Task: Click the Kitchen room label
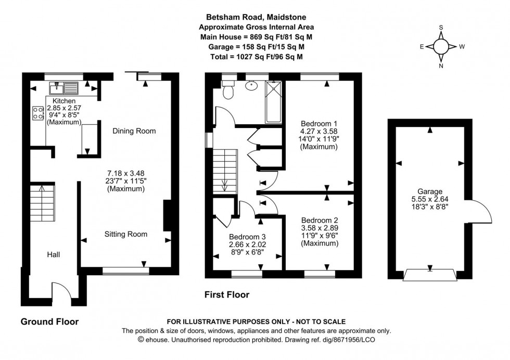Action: click(63, 101)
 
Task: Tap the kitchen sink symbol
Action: click(63, 87)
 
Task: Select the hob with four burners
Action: click(38, 113)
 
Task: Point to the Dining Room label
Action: click(134, 131)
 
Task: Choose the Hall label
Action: click(53, 254)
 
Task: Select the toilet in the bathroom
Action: click(227, 91)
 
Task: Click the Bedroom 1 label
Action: click(318, 123)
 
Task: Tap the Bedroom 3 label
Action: click(247, 235)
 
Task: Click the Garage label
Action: click(429, 191)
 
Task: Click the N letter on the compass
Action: click(441, 66)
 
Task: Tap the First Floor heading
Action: click(226, 295)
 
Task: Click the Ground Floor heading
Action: click(49, 322)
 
